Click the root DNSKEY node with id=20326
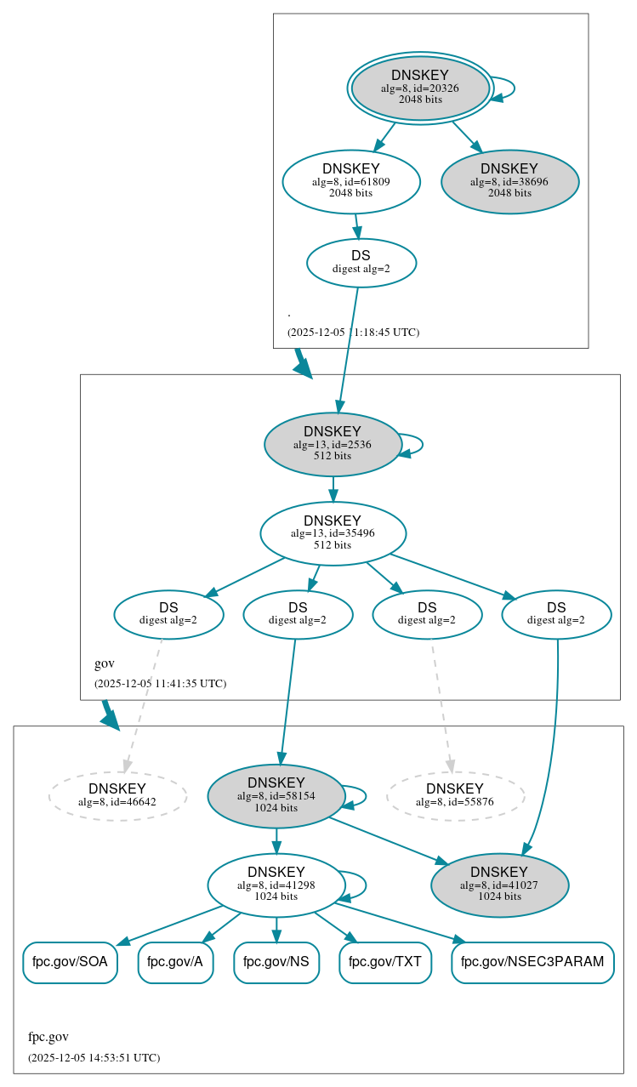point(420,88)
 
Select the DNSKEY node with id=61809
point(351,181)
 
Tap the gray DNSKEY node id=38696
point(509,182)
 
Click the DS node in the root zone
point(361,263)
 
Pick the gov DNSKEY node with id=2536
point(333,444)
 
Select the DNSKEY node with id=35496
point(333,533)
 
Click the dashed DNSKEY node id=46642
point(117,795)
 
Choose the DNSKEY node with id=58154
point(276,796)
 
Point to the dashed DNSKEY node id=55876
point(455,795)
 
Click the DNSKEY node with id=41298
point(276,885)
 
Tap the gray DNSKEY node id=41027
point(499,885)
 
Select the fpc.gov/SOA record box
point(70,962)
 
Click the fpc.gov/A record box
point(175,962)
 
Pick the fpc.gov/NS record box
point(276,962)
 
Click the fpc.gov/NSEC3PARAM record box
point(532,962)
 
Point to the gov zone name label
point(105,663)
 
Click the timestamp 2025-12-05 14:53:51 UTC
point(94,1058)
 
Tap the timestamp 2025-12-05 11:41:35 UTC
point(160,683)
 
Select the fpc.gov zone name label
point(48,1037)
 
